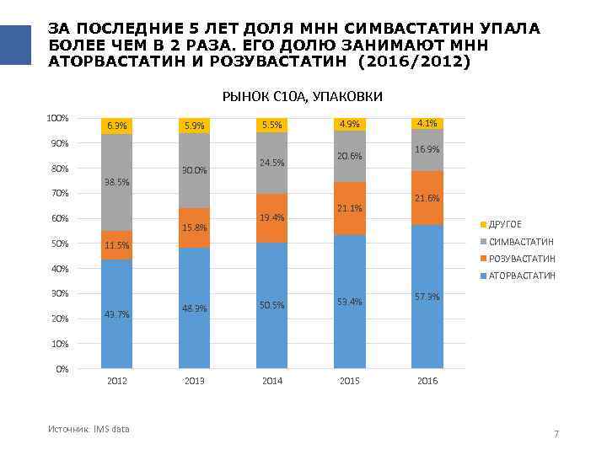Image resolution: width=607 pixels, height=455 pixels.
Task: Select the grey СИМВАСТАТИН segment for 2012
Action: (x=116, y=202)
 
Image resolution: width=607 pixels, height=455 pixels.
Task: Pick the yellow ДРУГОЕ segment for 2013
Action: (x=195, y=126)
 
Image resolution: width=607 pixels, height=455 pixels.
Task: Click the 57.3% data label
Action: (x=427, y=297)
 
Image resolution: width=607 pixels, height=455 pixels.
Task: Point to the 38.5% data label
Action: (x=116, y=182)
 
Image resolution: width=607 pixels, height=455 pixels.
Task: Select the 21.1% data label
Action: (x=350, y=208)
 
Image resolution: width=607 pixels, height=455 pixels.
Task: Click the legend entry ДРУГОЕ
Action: (x=505, y=224)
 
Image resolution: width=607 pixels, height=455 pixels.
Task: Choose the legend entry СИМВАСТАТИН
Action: (x=521, y=242)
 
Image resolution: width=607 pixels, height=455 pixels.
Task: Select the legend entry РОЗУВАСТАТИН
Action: (x=522, y=259)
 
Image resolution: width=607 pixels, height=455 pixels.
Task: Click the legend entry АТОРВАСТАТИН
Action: (x=522, y=276)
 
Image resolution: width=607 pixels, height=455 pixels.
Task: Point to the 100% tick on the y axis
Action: (x=58, y=118)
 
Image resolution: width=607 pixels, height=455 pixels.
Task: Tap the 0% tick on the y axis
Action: (x=62, y=369)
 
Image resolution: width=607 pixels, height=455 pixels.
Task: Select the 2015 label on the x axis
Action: (x=350, y=382)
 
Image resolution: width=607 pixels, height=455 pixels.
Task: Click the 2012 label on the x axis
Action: (x=116, y=382)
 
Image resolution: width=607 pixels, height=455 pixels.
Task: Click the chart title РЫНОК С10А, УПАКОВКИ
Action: (x=302, y=97)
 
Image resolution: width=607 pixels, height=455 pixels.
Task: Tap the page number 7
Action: (x=556, y=434)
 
